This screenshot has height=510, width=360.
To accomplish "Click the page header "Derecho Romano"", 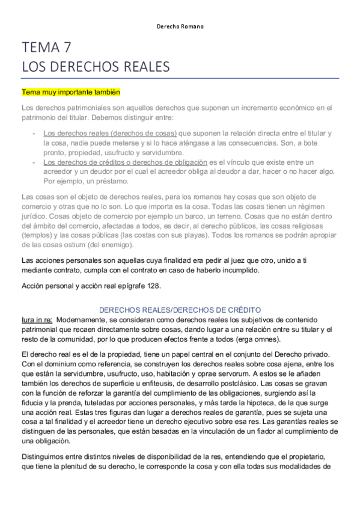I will click(180, 27).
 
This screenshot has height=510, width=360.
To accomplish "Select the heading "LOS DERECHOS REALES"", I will click(96, 66).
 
